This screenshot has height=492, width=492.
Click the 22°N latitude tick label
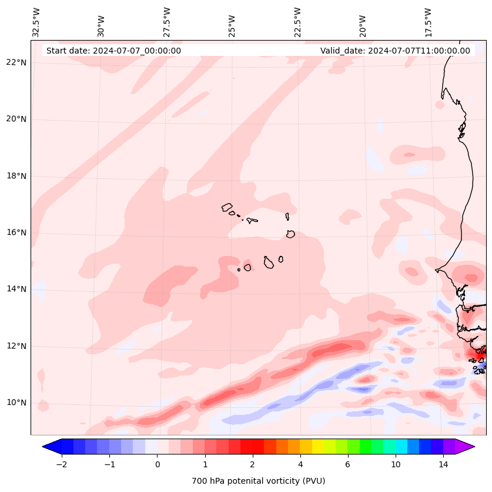[16, 62]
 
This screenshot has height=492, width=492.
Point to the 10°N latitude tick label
[16, 403]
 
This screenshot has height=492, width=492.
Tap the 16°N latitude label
[16, 232]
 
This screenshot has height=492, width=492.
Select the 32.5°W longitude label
[36, 22]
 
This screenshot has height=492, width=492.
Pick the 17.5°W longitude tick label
[429, 22]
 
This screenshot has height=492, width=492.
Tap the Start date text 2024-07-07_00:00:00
[113, 51]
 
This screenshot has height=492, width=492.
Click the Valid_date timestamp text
[395, 51]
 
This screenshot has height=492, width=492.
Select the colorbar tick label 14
[443, 464]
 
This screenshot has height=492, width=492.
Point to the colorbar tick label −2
[61, 464]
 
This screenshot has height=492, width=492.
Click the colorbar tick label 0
[157, 464]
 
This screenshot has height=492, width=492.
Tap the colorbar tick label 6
[347, 464]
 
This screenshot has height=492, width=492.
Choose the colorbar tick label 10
[396, 464]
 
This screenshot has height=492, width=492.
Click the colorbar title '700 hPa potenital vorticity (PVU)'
[258, 481]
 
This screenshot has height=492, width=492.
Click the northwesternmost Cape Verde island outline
[227, 207]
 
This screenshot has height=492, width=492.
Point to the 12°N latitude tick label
[16, 346]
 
